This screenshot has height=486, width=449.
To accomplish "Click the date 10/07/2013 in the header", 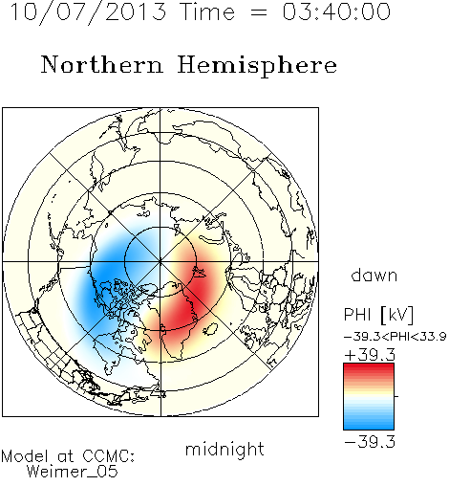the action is tap(88, 12).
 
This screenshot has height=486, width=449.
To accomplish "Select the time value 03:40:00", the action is tap(336, 11).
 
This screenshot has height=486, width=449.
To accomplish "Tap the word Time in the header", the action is tap(207, 11).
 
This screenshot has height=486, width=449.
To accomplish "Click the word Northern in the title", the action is tap(102, 64).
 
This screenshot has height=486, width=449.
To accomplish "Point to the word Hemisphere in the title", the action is tap(257, 65).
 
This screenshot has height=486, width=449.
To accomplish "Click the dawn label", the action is tap(374, 275).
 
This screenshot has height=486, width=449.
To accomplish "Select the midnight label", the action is tap(224, 449).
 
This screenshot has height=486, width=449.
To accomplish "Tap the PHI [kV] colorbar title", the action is tap(378, 315).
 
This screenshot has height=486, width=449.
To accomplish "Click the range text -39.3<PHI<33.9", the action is tap(396, 337).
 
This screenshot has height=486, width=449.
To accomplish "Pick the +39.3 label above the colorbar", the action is tap(370, 354).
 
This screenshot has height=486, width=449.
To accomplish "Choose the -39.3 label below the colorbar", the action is tap(370, 442).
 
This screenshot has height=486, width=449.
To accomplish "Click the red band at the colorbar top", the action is tap(369, 367).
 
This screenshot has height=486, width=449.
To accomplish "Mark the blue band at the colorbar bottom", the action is tap(369, 425).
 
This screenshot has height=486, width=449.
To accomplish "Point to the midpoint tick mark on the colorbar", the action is tap(396, 396).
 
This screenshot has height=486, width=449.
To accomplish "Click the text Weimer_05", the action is tap(73, 471).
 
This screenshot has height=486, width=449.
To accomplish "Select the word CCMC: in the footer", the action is tap(108, 455).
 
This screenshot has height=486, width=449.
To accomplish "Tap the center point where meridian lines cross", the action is tap(160, 261).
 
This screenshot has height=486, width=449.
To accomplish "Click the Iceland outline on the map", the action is tap(211, 329).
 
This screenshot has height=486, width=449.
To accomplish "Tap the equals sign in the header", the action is tap(259, 13).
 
